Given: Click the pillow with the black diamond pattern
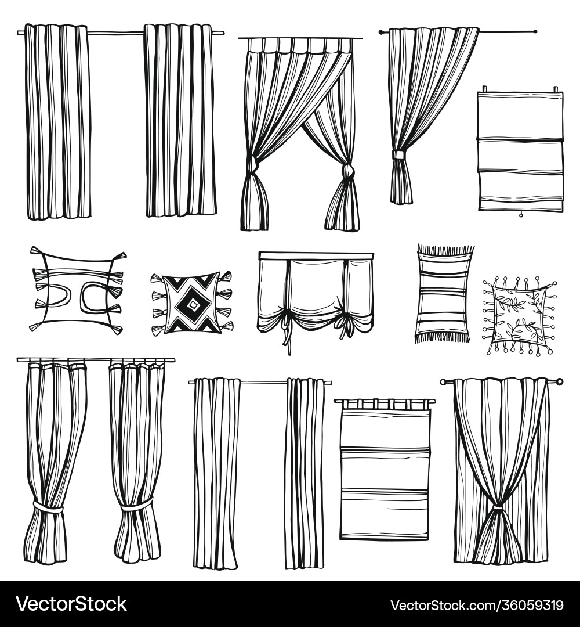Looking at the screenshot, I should point(191,304).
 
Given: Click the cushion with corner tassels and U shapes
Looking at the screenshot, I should point(77,290).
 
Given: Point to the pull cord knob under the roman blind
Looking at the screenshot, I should point(520,215).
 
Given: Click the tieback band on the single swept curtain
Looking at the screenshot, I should point(398,155).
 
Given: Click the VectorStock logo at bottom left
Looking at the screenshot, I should point(71,604).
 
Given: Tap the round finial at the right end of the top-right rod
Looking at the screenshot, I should point(535,31).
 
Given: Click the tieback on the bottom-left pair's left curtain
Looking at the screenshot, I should point(48,509).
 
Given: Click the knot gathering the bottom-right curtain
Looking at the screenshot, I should point(497,508).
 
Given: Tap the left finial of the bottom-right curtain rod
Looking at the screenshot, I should point(443,382).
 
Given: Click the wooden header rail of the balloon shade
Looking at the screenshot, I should point(316,255).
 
